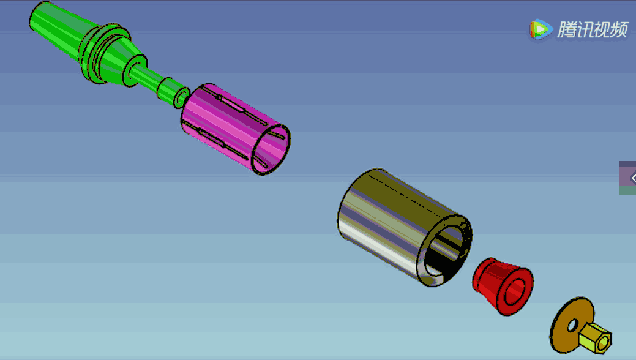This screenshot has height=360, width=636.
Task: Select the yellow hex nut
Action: tap(594, 338)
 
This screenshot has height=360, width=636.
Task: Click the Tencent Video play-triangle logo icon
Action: tap(539, 29)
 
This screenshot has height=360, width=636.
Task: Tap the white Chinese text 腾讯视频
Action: tap(592, 29)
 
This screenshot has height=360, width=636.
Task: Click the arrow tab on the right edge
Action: tap(630, 178)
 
